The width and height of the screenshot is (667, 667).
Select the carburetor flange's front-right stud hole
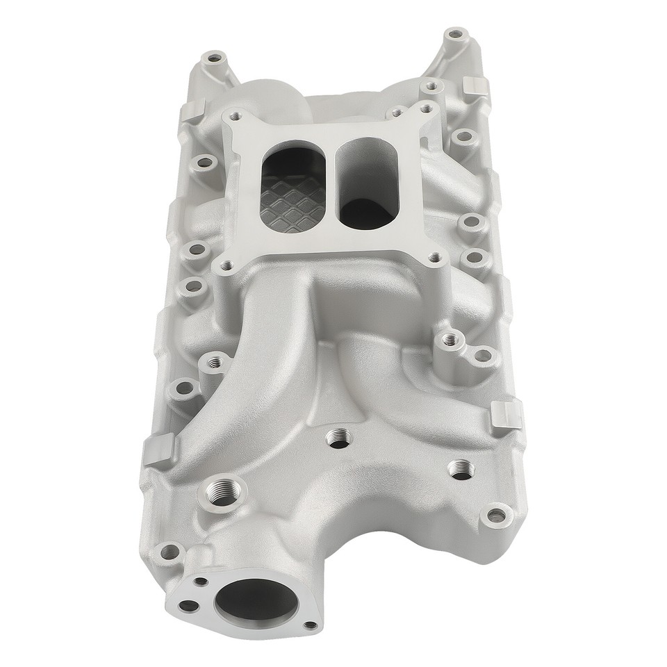435,257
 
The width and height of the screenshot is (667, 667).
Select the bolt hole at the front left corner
166,554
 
